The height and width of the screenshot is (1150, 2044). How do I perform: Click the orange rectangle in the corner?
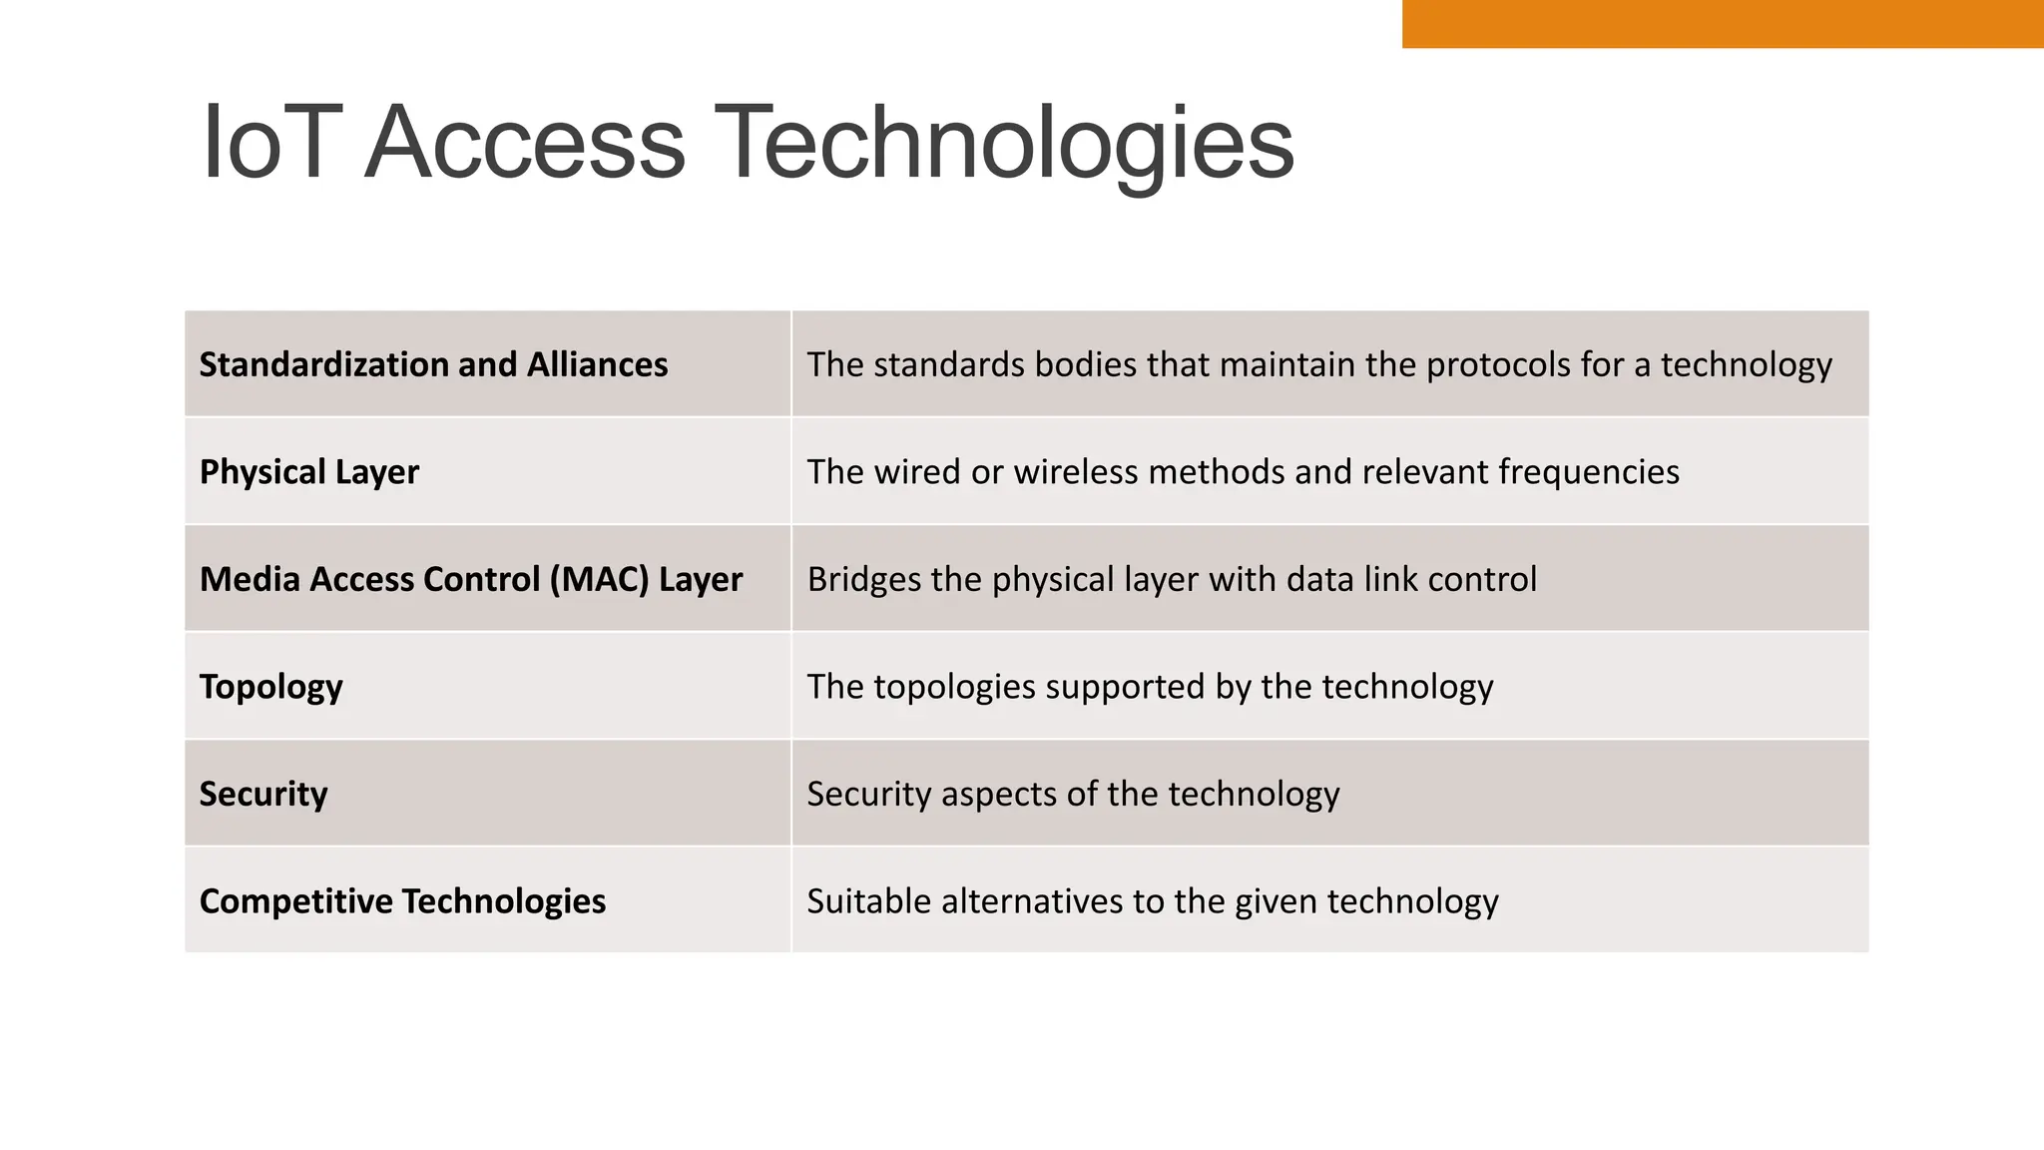point(1722,23)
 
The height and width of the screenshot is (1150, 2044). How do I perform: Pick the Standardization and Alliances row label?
point(433,364)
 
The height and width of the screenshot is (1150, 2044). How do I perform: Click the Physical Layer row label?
point(309,472)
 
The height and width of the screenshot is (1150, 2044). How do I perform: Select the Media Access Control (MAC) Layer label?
point(471,579)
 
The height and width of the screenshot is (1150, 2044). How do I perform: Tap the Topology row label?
point(271,687)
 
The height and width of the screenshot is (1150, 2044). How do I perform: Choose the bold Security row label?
point(263,794)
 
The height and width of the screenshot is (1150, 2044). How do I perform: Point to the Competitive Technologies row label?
point(402,901)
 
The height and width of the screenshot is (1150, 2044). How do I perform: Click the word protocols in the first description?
point(1497,365)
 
